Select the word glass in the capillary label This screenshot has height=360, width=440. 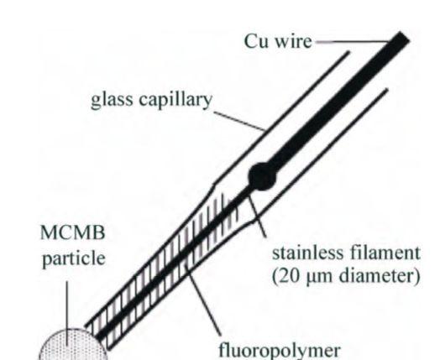pyautogui.click(x=112, y=101)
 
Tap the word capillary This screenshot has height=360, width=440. pyautogui.click(x=175, y=101)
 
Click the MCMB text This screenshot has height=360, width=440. pyautogui.click(x=73, y=232)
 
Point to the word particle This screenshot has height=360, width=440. pyautogui.click(x=74, y=258)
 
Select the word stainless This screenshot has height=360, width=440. pyautogui.click(x=308, y=253)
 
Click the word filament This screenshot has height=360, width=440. pyautogui.click(x=385, y=253)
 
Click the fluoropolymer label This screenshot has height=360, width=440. pyautogui.click(x=280, y=351)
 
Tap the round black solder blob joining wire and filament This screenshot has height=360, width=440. pyautogui.click(x=262, y=177)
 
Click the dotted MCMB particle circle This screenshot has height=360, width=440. pyautogui.click(x=73, y=345)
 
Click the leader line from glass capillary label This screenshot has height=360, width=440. pyautogui.click(x=240, y=121)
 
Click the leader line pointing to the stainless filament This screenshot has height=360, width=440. pyautogui.click(x=257, y=217)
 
